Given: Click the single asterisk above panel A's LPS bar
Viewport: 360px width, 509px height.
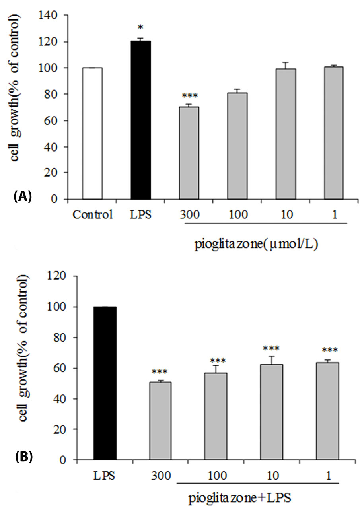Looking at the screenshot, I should (141, 28).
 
